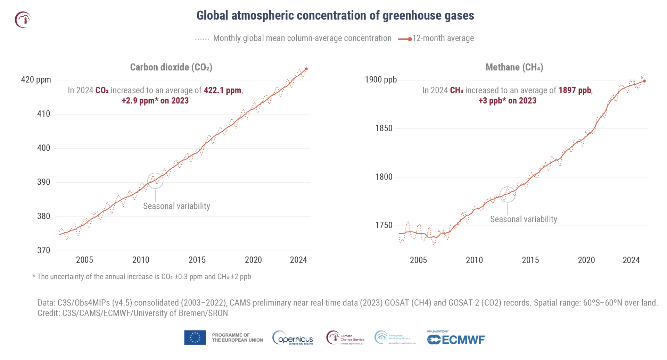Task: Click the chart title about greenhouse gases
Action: [x=335, y=16]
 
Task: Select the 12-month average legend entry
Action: [x=436, y=39]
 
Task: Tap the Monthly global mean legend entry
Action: [x=293, y=39]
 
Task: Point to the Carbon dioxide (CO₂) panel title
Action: [x=171, y=67]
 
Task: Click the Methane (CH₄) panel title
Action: [x=514, y=67]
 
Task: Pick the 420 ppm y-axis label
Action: [x=36, y=80]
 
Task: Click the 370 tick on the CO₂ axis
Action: [x=43, y=250]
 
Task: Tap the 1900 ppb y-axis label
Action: [x=380, y=80]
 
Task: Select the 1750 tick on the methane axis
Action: [x=384, y=225]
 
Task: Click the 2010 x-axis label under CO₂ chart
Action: [x=141, y=260]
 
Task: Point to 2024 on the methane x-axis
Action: [x=631, y=260]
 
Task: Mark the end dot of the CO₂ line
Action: [x=306, y=69]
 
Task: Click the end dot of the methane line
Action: [x=644, y=81]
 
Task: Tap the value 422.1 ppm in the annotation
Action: [x=222, y=90]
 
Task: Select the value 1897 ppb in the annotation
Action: [x=575, y=90]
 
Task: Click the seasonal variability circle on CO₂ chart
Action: [x=155, y=181]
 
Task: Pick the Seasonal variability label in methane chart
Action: [x=523, y=219]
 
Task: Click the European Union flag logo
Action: [x=195, y=337]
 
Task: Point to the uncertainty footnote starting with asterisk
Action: [x=141, y=277]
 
